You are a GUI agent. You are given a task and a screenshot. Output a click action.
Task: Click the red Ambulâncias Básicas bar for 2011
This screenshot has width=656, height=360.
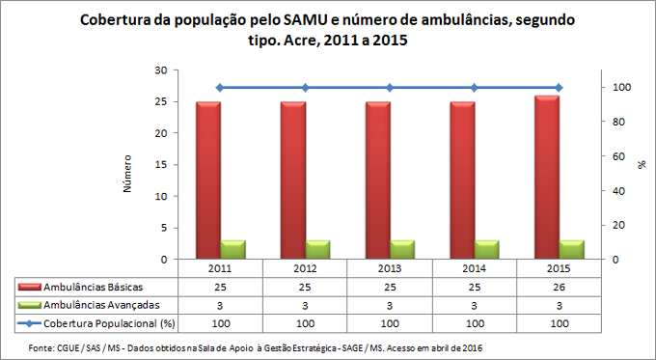click(x=208, y=180)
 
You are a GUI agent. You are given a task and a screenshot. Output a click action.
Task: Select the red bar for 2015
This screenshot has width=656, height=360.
click(x=547, y=178)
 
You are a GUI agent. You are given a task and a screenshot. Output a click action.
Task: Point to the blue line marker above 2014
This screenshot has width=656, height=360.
click(x=474, y=88)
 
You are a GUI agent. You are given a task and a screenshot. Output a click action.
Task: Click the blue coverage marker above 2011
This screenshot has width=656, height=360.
click(x=220, y=88)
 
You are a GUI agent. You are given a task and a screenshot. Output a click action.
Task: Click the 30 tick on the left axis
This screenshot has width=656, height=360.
click(x=161, y=70)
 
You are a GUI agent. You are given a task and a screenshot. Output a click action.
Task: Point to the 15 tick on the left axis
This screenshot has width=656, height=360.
click(x=161, y=165)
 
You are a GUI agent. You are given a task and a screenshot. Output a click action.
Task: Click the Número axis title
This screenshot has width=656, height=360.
click(x=127, y=171)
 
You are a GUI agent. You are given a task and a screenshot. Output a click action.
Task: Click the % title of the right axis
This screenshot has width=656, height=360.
click(x=642, y=165)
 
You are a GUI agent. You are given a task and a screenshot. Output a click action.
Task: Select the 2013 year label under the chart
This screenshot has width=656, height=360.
click(x=390, y=268)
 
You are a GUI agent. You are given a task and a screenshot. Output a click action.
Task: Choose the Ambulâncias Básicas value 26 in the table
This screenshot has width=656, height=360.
click(x=559, y=288)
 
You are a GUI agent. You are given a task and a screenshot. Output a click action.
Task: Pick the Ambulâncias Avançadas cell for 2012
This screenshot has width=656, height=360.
click(x=305, y=304)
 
